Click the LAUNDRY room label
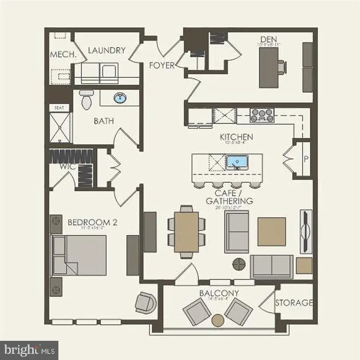pyautogui.click(x=106, y=50)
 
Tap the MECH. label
pyautogui.click(x=63, y=55)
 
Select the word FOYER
pyautogui.click(x=162, y=65)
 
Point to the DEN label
pyautogui.click(x=269, y=39)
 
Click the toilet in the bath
pyautogui.click(x=85, y=100)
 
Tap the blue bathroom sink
pyautogui.click(x=119, y=98)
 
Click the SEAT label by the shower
pyautogui.click(x=59, y=108)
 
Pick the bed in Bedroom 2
pyautogui.click(x=79, y=255)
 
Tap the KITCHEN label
pyautogui.click(x=236, y=137)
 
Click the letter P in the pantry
pyautogui.click(x=306, y=159)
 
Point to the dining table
pyautogui.click(x=186, y=232)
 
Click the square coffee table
pyautogui.click(x=272, y=231)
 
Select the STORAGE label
pyautogui.click(x=294, y=303)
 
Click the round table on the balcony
pyautogui.click(x=218, y=320)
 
